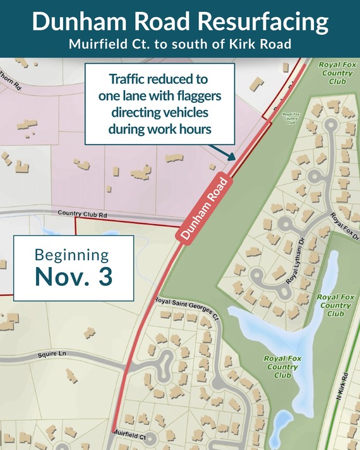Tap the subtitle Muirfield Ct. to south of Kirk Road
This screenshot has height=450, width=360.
tap(180, 45)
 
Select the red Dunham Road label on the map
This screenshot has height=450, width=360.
tap(203, 205)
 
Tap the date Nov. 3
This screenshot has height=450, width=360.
tap(73, 276)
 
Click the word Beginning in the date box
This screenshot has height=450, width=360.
tap(71, 255)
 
